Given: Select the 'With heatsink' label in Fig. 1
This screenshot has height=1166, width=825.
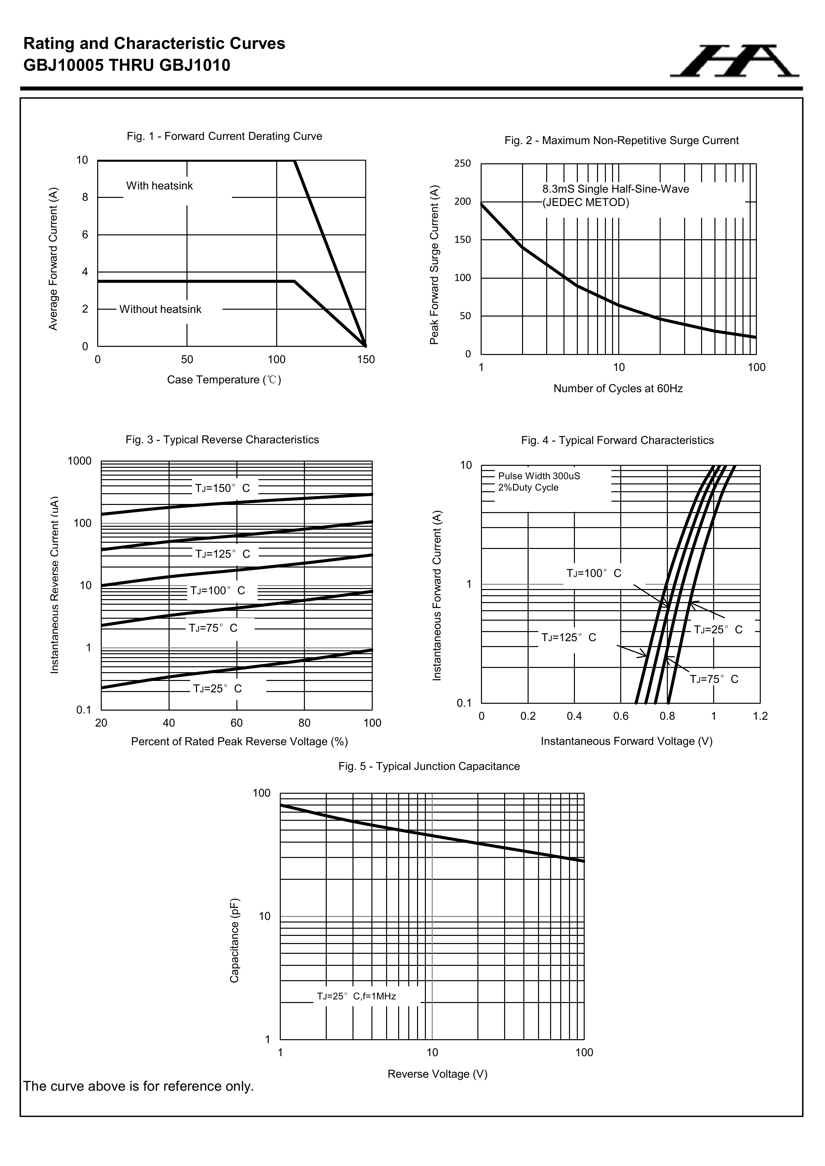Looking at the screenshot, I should [159, 186].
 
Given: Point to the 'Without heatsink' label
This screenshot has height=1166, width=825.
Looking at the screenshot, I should [160, 309].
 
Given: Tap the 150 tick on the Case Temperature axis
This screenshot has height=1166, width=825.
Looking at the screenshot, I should [366, 360].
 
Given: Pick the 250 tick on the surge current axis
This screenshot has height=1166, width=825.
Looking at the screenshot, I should [462, 164].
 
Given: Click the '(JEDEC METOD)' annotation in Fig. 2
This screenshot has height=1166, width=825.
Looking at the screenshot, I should [586, 203].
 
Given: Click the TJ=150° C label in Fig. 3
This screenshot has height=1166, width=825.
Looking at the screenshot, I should [222, 489].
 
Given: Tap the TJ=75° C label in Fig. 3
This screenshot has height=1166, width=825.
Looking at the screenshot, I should [213, 628].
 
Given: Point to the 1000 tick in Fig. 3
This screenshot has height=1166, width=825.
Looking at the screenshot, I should [80, 461].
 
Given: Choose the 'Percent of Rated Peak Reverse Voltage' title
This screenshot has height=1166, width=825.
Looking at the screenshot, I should [239, 742].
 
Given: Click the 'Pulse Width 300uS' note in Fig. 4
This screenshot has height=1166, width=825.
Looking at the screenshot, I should [539, 476].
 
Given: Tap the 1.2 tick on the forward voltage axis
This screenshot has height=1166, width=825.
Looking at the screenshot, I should [760, 716].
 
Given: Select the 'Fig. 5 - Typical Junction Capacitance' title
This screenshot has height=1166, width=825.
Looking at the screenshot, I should [429, 766].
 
